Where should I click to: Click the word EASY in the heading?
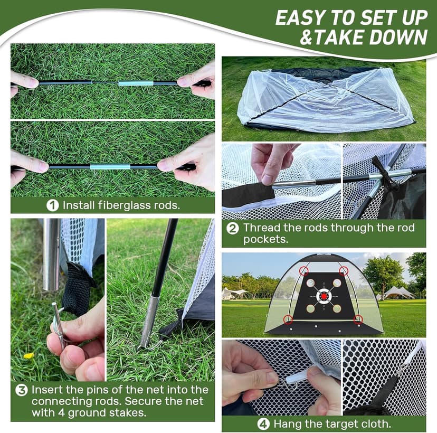point(299,17)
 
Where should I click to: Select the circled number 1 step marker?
point(52,205)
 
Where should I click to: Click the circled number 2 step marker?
point(233,229)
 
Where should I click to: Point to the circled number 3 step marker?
point(21,391)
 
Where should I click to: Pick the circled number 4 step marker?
point(263,424)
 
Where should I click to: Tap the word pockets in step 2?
point(263,240)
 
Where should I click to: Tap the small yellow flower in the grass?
point(28,355)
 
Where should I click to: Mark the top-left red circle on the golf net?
point(304,271)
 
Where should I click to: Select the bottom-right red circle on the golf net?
point(358,318)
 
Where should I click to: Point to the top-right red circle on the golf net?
point(344,271)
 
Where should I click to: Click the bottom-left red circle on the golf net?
point(288,319)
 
